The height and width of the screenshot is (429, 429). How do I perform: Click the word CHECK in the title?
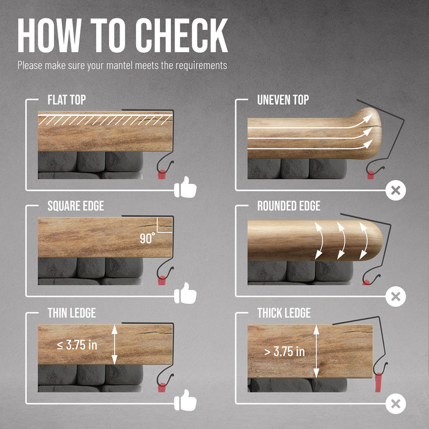pyautogui.click(x=181, y=36)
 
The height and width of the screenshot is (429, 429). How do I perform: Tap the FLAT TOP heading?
pyautogui.click(x=67, y=100)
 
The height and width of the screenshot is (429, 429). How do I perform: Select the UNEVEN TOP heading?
pyautogui.click(x=283, y=100)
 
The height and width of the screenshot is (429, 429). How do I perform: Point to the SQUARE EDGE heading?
pyautogui.click(x=76, y=206)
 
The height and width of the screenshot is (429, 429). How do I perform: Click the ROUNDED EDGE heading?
pyautogui.click(x=289, y=206)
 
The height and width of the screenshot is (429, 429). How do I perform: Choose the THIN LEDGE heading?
pyautogui.click(x=72, y=313)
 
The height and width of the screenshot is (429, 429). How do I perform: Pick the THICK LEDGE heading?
pyautogui.click(x=284, y=313)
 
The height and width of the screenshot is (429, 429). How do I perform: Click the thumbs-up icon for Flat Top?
pyautogui.click(x=185, y=187)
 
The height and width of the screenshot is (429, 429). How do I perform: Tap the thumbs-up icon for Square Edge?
pyautogui.click(x=185, y=294)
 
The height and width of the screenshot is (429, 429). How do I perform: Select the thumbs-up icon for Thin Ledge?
pyautogui.click(x=185, y=400)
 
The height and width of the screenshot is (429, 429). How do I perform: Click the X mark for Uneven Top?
pyautogui.click(x=396, y=191)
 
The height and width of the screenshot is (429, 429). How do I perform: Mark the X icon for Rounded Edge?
pyautogui.click(x=396, y=297)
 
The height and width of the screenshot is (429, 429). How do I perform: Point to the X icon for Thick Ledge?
pyautogui.click(x=396, y=404)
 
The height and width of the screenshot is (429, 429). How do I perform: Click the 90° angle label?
pyautogui.click(x=147, y=238)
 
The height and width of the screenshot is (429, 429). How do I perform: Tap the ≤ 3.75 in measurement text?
pyautogui.click(x=77, y=345)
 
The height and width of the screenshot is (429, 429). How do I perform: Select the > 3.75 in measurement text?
pyautogui.click(x=284, y=352)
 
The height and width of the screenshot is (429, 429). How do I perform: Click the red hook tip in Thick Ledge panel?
pyautogui.click(x=379, y=382)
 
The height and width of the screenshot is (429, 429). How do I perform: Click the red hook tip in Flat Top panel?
pyautogui.click(x=162, y=174)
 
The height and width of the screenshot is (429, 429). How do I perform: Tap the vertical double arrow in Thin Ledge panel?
pyautogui.click(x=115, y=344)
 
